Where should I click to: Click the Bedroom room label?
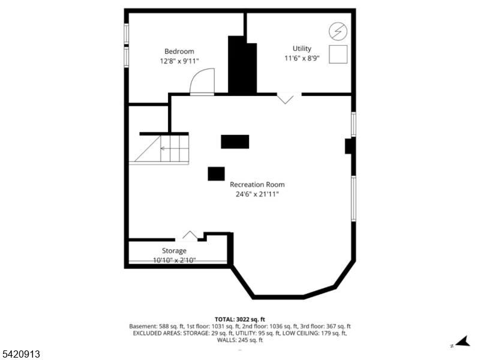(179, 52)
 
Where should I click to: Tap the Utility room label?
(302, 49)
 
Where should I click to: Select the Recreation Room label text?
(257, 185)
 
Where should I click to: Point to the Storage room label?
(174, 251)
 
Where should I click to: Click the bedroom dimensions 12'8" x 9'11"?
(179, 61)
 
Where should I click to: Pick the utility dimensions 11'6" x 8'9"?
(302, 58)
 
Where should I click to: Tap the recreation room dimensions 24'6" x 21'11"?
(257, 194)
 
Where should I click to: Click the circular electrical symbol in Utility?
(338, 31)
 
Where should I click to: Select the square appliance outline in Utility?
(338, 54)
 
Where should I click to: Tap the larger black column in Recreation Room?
(235, 142)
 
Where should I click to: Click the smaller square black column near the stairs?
(216, 173)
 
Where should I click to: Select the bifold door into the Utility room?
(286, 98)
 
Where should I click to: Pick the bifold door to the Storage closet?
(190, 235)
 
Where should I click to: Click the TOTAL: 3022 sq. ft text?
(239, 320)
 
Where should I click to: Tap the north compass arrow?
(463, 341)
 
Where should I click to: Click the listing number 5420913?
(20, 354)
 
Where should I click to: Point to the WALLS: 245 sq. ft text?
(239, 340)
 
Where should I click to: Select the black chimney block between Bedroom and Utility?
(242, 65)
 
